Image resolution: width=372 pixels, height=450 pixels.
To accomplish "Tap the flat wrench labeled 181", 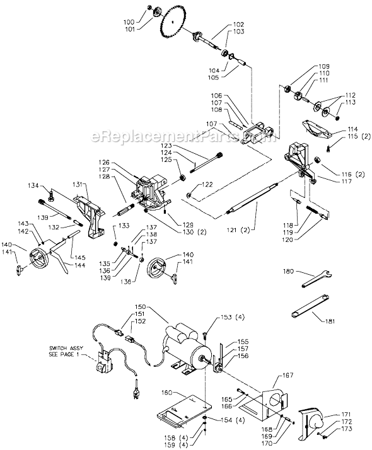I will pos(310,310).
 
